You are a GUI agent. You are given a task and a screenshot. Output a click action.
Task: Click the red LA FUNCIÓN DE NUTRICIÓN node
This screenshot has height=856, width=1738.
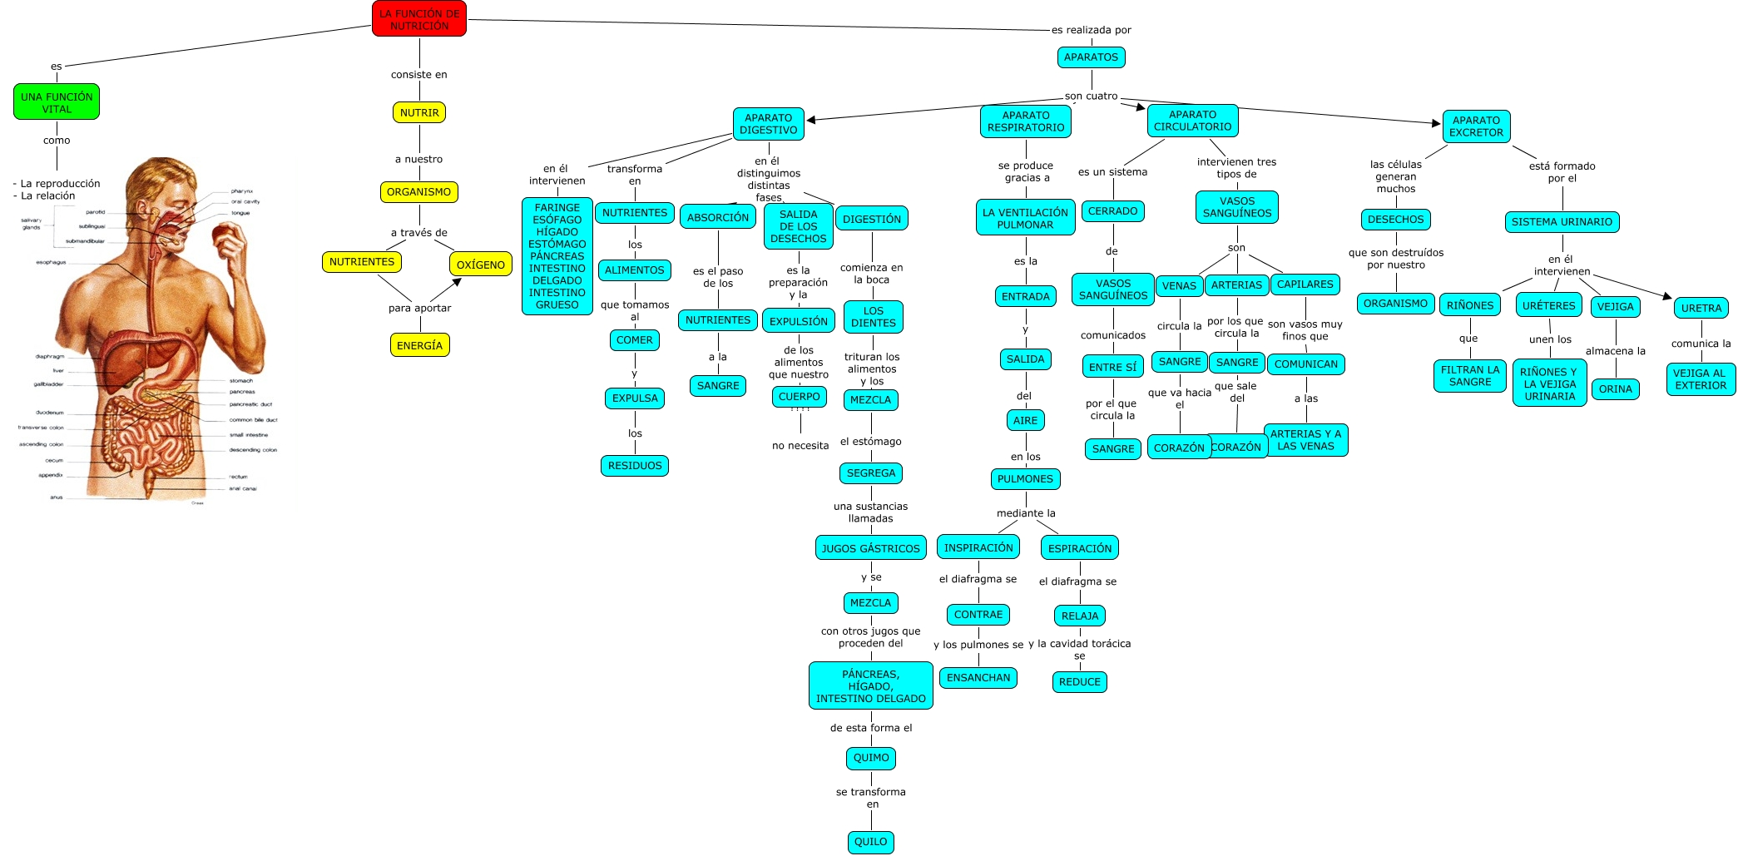(418, 19)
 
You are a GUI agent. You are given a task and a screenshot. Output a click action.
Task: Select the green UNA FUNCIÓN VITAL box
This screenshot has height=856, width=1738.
(57, 102)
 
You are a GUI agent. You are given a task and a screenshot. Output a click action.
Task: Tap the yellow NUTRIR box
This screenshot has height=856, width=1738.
(419, 112)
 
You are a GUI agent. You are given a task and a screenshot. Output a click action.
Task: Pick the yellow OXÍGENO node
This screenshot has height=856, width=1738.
(481, 265)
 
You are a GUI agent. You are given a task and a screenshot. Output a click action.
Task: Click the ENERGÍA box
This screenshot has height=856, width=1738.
(419, 345)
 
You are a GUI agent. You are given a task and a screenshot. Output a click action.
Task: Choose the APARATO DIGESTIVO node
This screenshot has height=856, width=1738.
(768, 124)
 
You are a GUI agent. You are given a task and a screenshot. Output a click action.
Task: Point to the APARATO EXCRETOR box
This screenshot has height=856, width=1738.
(1476, 126)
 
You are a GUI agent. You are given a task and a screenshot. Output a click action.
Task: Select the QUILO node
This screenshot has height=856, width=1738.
(870, 841)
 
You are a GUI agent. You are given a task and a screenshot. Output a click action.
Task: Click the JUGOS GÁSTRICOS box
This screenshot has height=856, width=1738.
(870, 548)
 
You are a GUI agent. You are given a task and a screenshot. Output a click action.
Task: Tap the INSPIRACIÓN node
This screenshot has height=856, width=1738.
(978, 547)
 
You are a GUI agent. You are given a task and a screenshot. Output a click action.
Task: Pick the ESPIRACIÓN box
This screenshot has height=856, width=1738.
(1079, 548)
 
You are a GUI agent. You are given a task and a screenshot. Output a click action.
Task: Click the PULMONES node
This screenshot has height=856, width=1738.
(1025, 478)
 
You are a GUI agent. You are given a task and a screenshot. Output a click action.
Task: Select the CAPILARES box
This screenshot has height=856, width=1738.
(1305, 285)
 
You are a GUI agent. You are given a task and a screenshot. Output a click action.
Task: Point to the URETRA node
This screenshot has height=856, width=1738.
(1701, 308)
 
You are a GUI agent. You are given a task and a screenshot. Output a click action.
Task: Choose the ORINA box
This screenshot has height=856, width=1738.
(1615, 388)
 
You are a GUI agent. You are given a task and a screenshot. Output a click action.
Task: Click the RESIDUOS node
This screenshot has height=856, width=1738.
(635, 466)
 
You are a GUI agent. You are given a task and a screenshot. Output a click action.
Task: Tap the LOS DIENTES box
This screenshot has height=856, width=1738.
(873, 317)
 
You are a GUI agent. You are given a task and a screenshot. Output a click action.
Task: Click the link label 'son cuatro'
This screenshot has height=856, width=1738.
(1091, 96)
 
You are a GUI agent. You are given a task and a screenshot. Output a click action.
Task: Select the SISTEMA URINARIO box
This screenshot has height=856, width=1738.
(1562, 222)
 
